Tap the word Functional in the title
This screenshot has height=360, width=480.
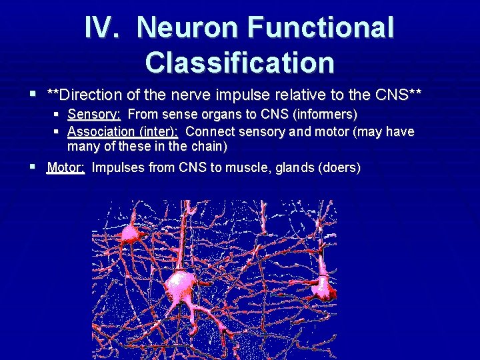click(x=321, y=28)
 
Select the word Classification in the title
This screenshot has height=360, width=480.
click(x=239, y=62)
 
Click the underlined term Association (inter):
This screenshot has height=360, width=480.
click(x=123, y=131)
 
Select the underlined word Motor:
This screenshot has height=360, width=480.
click(x=65, y=167)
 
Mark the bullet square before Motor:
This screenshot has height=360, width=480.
click(x=34, y=167)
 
